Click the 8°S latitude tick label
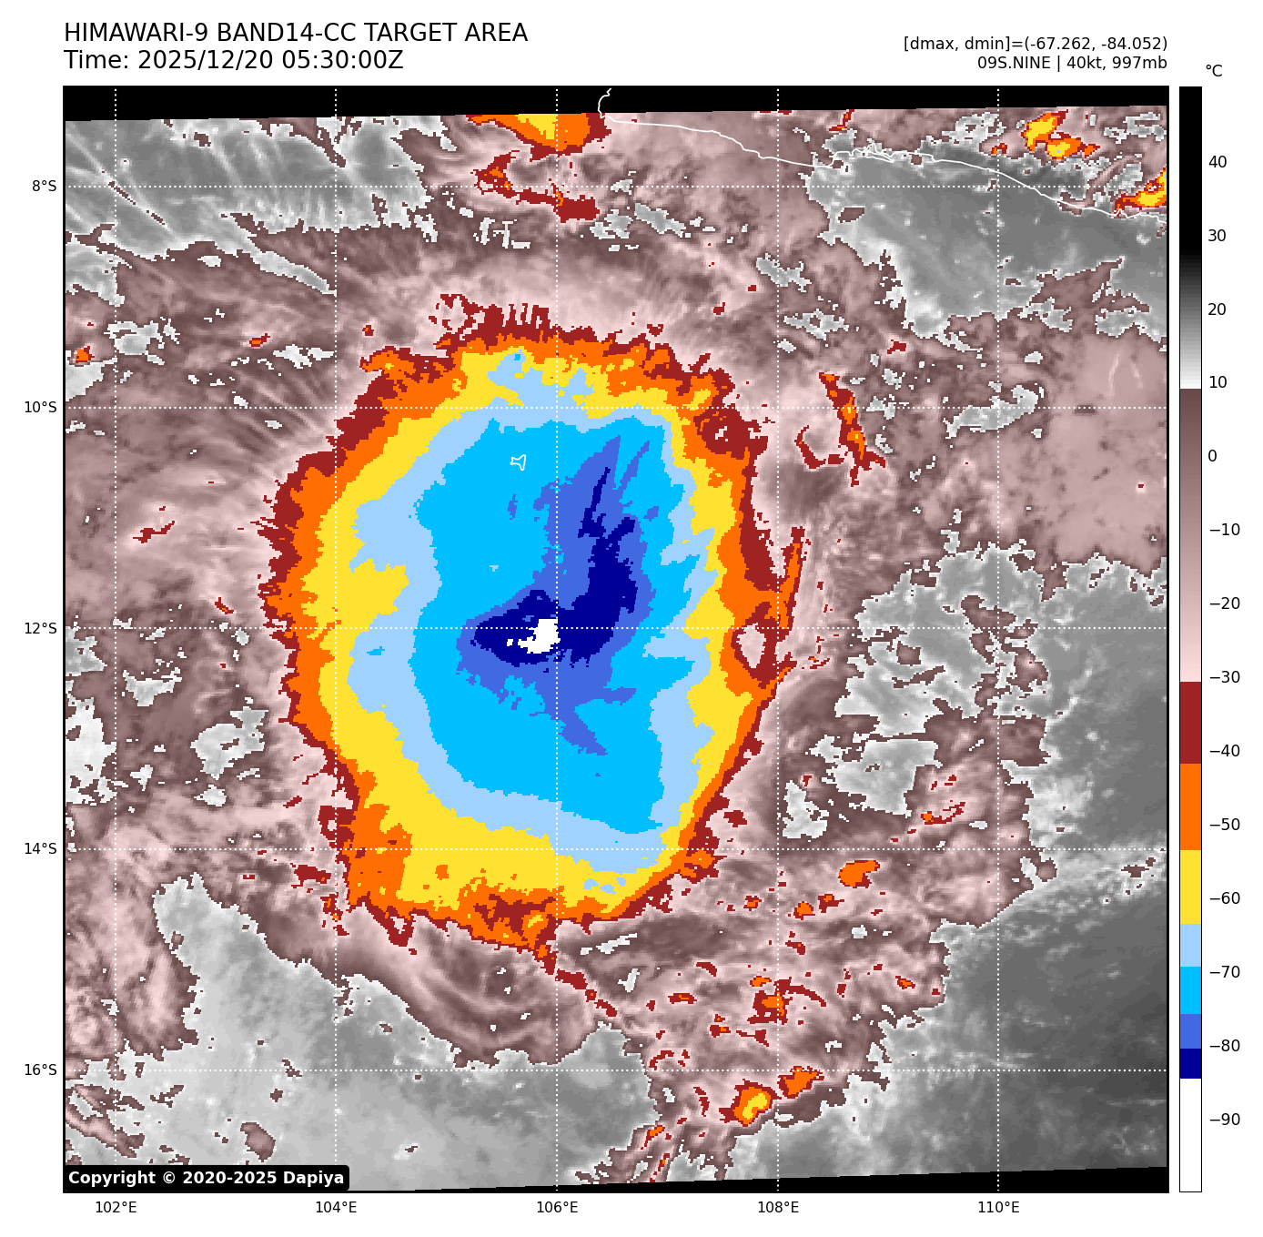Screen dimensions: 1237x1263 click(44, 187)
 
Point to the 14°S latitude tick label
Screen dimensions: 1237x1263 click(40, 849)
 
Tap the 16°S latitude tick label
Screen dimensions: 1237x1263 click(40, 1070)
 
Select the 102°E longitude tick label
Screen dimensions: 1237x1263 click(116, 1208)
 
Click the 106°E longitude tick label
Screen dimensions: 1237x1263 click(557, 1208)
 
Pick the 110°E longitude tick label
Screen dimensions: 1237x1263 click(998, 1208)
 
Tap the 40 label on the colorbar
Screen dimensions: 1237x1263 click(1218, 163)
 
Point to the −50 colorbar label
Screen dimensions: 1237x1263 click(1224, 826)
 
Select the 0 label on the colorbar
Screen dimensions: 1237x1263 click(1212, 457)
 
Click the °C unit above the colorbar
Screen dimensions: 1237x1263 click(1214, 71)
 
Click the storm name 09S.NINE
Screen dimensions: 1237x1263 click(1014, 63)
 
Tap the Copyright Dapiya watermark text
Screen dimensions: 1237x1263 click(207, 1178)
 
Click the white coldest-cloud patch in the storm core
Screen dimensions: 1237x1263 click(544, 634)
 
